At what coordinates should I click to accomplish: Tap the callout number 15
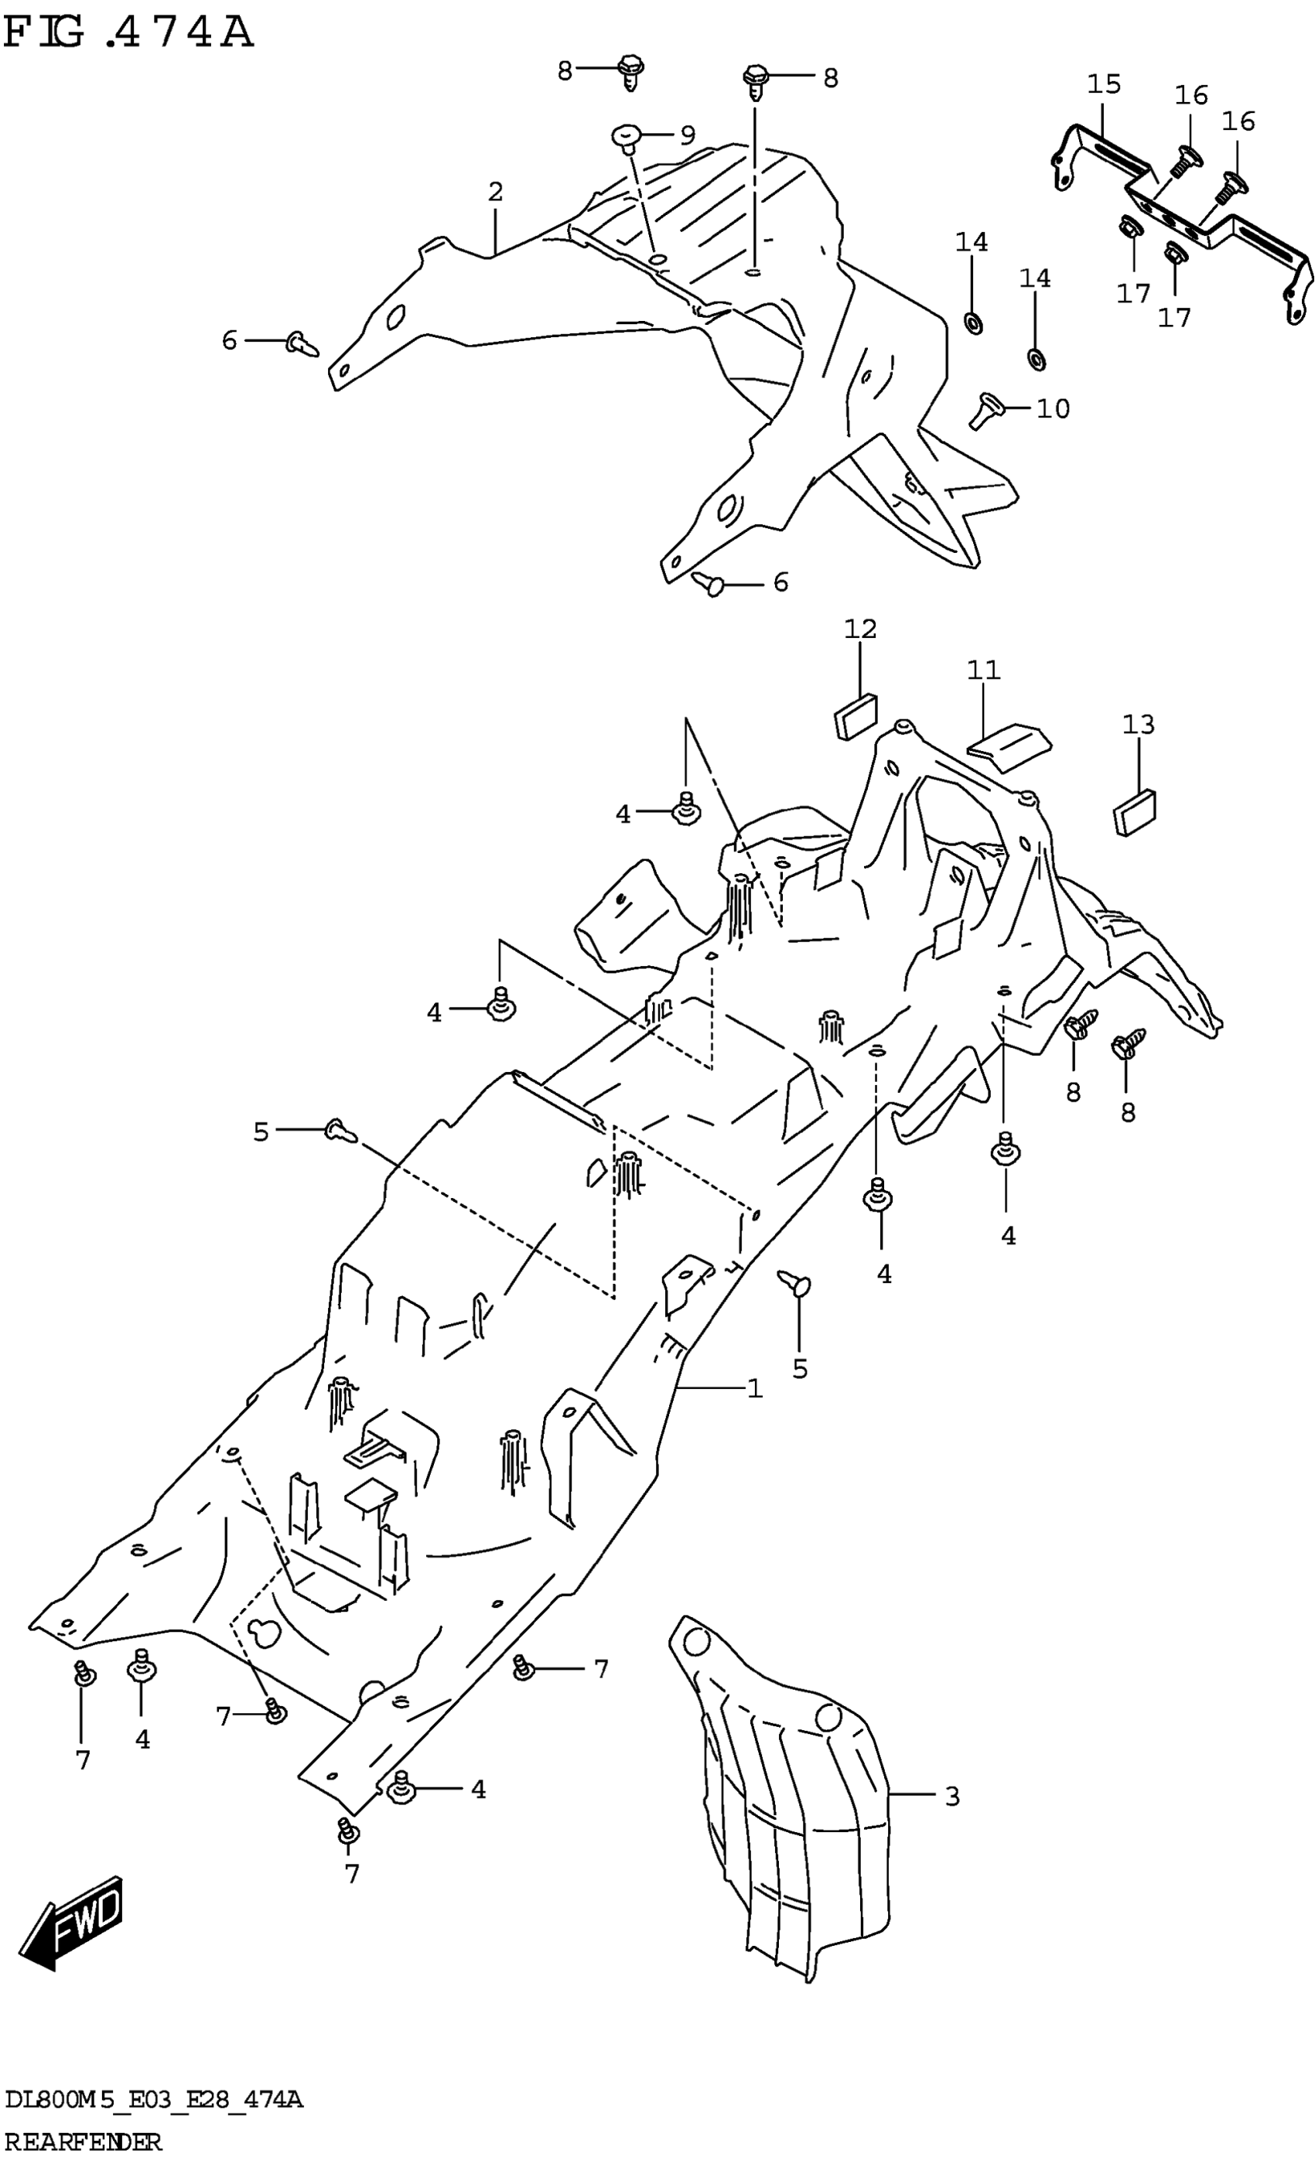[1104, 85]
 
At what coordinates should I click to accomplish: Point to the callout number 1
[755, 1388]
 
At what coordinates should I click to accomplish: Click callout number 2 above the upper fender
[496, 193]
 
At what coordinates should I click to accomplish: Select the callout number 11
[983, 671]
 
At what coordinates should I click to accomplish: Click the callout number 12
[859, 629]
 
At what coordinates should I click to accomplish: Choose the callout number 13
[1138, 724]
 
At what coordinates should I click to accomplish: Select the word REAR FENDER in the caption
[84, 2142]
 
